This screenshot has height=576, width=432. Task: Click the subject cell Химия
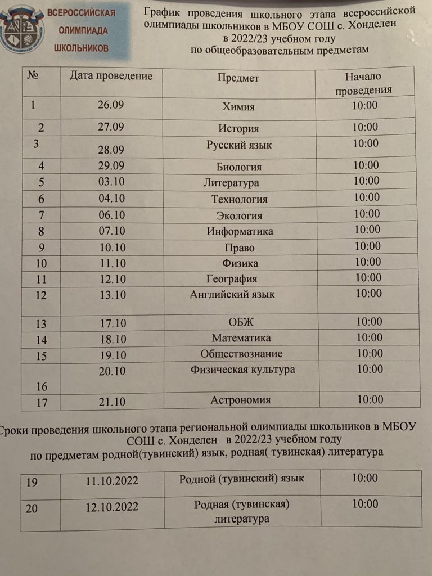click(238, 107)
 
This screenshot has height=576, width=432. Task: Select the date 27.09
click(110, 127)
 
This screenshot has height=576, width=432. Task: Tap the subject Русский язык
click(239, 145)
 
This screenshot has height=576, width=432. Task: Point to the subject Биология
click(239, 167)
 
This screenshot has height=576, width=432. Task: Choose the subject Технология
click(239, 199)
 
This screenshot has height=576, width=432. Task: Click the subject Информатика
click(240, 231)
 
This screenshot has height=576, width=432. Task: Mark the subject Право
click(239, 247)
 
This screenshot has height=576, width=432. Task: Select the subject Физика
click(240, 263)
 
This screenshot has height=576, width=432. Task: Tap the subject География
click(232, 279)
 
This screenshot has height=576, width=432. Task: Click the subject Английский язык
click(232, 294)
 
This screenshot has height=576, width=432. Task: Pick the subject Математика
click(241, 338)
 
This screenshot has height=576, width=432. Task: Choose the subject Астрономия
click(241, 400)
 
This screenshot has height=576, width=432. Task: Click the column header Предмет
click(238, 79)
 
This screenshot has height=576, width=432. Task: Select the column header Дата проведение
click(111, 76)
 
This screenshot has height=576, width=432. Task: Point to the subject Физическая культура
click(242, 370)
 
